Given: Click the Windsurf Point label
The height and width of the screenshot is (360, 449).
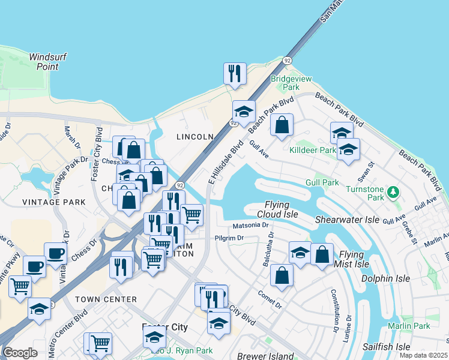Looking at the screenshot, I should [x=47, y=62].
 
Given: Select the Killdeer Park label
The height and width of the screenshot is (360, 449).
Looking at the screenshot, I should [x=312, y=150].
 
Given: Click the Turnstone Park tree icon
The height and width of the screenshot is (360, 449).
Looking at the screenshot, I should [x=393, y=192].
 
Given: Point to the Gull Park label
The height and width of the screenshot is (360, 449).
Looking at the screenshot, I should [x=322, y=182].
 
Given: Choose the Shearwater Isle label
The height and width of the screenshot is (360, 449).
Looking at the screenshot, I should [x=347, y=220].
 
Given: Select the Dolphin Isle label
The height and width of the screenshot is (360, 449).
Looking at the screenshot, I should [x=385, y=278].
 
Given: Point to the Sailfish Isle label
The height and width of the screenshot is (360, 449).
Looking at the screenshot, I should [x=386, y=347].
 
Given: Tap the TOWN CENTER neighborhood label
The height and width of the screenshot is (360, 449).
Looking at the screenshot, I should [x=106, y=299].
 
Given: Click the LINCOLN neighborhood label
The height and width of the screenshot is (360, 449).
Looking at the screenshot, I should [x=194, y=137].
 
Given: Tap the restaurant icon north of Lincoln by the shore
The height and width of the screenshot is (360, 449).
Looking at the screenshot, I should [x=235, y=73].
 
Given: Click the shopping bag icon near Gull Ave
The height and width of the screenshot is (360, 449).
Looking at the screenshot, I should [x=282, y=125].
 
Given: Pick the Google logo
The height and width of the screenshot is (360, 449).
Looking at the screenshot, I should [x=20, y=353].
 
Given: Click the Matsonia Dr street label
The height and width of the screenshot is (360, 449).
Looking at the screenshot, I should [x=250, y=226].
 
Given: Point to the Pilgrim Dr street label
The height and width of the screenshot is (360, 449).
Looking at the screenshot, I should [x=228, y=238].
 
